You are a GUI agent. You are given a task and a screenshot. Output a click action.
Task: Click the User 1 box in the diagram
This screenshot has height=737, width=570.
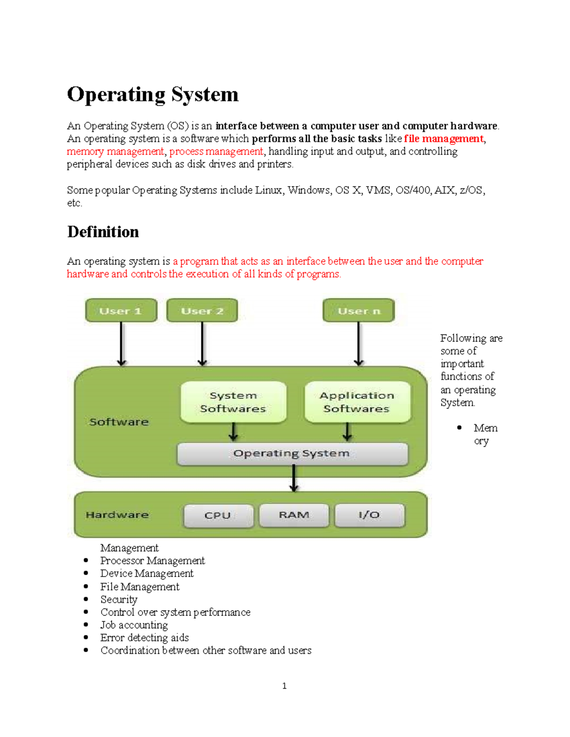pos(121,311)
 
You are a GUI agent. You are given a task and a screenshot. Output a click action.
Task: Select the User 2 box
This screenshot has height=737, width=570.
pos(202,311)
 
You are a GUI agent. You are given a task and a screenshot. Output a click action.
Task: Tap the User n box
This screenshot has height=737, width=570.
pos(359,311)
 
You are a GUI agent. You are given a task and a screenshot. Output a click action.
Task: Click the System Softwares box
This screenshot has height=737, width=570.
pos(233,402)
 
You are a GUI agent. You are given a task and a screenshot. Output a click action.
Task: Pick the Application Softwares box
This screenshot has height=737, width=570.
pos(357,402)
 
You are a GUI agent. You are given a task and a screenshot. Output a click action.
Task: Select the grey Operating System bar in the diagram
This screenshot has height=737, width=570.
pos(292,454)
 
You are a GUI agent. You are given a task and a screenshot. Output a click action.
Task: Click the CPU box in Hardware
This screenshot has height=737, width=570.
pos(218,515)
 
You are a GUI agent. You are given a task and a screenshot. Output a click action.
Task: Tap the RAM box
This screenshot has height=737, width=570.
pos(294,515)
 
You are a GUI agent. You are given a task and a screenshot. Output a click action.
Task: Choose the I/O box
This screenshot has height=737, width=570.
pos(370,515)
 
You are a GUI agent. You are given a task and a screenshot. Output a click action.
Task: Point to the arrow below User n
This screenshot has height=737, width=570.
pos(359,344)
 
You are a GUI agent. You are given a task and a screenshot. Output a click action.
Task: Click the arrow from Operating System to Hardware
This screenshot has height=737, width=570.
pos(294,478)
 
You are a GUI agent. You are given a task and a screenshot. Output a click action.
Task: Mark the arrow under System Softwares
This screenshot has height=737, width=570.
pos(233,432)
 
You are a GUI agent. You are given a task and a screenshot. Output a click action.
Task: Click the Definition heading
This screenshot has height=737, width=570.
pos(103,232)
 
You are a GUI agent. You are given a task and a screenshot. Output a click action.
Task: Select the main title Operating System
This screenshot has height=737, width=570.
pos(152,94)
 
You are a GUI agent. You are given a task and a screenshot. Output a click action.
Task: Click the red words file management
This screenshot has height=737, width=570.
pos(444,139)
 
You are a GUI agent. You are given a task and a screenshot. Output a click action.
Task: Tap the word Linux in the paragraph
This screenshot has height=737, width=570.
pos(269,190)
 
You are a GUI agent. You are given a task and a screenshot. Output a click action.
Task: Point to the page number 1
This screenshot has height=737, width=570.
pos(284,686)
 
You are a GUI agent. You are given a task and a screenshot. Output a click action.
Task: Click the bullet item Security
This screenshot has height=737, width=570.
pos(119,599)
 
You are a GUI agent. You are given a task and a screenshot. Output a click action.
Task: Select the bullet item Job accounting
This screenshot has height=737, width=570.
pos(134,625)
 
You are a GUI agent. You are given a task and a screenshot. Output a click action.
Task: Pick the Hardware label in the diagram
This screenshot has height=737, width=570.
pos(117,515)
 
